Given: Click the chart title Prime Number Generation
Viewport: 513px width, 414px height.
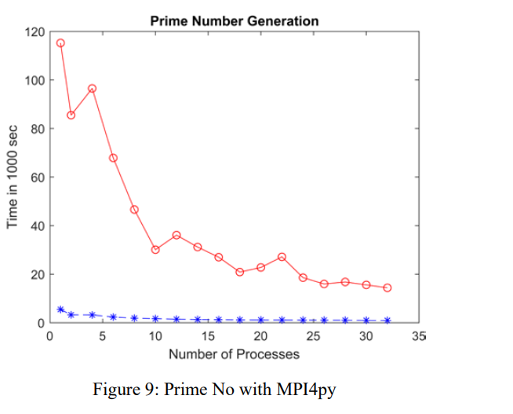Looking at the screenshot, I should (235, 20).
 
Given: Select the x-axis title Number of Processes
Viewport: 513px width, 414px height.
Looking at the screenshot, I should (235, 354).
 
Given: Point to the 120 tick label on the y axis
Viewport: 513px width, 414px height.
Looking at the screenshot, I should (34, 32).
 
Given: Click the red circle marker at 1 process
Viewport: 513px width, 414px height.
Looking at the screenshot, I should (60, 43).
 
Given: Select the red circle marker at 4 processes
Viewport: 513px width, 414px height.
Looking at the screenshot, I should (92, 89).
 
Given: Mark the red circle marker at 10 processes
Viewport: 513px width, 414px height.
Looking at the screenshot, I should (155, 250).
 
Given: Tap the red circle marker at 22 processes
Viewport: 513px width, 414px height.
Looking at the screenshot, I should (282, 257).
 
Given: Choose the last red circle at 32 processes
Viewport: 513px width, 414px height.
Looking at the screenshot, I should (387, 288).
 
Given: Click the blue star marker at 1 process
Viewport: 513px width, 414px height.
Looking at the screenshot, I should (60, 310).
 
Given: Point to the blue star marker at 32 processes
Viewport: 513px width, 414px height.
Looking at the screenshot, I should (387, 321).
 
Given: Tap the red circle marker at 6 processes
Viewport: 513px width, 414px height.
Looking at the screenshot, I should (113, 158).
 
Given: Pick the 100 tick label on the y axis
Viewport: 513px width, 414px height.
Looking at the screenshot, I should (34, 81).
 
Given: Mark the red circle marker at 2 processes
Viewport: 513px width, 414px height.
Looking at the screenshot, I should (71, 115).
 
